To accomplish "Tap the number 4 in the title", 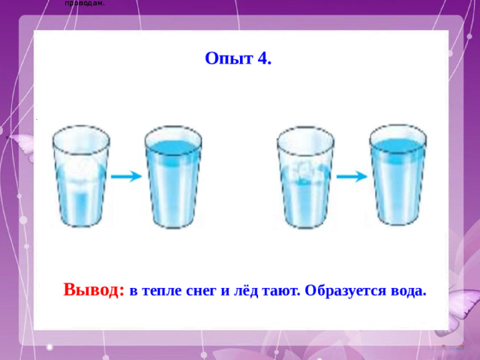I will (262, 59).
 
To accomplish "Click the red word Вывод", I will (94, 289).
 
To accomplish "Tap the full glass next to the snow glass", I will (172, 176).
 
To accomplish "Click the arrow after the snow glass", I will (126, 176).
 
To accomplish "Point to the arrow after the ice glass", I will (351, 176).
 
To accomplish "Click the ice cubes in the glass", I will (304, 171).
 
